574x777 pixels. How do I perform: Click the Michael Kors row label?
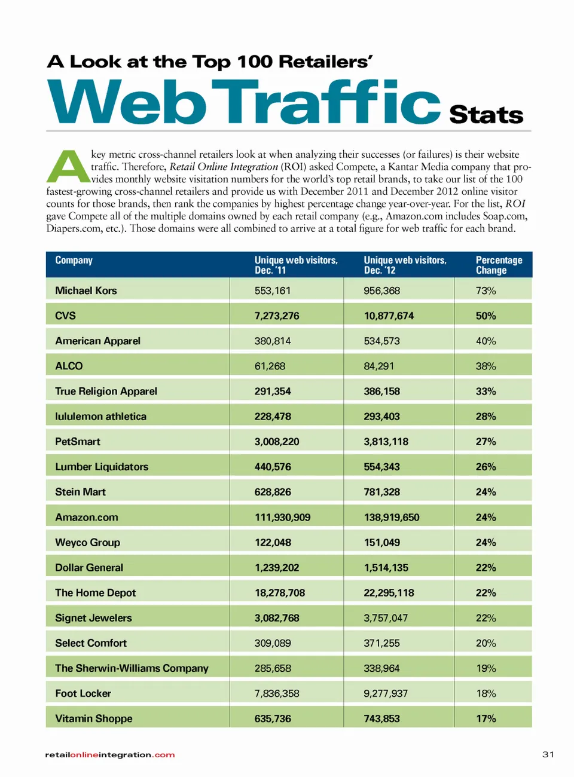(86, 290)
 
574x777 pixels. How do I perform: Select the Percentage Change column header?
(499, 265)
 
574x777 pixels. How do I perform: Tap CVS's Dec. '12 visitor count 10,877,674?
(389, 316)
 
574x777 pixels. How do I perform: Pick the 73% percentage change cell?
(486, 290)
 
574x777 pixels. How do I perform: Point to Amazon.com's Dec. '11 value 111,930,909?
(282, 517)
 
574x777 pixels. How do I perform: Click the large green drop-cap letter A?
(68, 167)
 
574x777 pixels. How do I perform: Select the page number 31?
(548, 754)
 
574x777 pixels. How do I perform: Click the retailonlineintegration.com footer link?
(110, 755)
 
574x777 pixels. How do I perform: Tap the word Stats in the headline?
(486, 114)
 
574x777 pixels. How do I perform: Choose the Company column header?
(74, 260)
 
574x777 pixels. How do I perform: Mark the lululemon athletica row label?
(100, 417)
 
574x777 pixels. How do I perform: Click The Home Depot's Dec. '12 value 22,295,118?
(389, 593)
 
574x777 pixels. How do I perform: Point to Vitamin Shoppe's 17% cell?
(486, 718)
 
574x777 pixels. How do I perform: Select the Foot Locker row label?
(83, 693)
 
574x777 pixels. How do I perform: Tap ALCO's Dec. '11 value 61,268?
(270, 366)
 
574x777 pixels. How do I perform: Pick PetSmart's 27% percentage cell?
(486, 442)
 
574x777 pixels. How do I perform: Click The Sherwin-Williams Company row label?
(132, 668)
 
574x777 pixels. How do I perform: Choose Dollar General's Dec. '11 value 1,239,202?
(277, 568)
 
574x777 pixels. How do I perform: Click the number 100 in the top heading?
(255, 62)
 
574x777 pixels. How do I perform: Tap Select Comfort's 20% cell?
(486, 643)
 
